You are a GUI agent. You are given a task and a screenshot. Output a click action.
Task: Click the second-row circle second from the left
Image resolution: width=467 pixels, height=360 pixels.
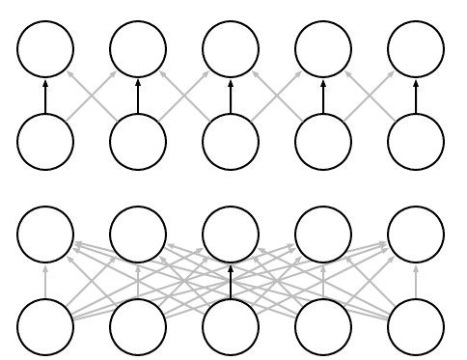click(138, 141)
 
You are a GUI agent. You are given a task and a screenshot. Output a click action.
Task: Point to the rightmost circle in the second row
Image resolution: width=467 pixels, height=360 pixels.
click(416, 141)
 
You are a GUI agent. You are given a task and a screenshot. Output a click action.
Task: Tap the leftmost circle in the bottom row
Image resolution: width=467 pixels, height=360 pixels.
click(45, 326)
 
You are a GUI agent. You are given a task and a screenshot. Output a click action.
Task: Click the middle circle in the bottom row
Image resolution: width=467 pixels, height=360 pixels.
click(231, 326)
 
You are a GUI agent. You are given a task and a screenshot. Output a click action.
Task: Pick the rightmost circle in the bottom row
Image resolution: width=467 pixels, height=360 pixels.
click(416, 326)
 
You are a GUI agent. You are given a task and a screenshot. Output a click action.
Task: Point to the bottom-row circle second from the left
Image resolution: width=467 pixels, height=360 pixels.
click(138, 326)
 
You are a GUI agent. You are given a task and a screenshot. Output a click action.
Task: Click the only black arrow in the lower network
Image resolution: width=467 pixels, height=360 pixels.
click(231, 280)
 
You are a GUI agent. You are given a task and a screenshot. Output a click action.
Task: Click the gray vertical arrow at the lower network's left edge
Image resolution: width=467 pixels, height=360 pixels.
click(45, 280)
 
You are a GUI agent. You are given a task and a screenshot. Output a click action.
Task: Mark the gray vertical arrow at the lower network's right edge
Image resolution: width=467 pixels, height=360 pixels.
click(416, 280)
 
